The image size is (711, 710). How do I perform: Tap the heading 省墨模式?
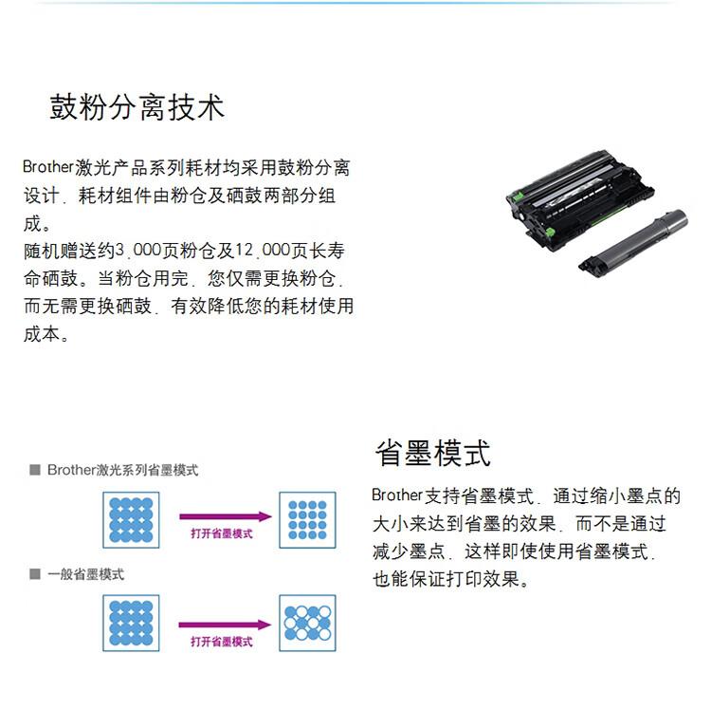[433, 453]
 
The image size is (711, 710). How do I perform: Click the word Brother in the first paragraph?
[48, 168]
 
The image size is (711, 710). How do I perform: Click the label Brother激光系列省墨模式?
[122, 470]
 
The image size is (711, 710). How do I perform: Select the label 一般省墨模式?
[85, 574]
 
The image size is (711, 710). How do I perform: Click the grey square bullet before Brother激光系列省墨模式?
[34, 470]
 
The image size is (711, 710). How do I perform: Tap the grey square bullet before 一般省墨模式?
[34, 574]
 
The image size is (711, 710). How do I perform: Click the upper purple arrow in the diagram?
[225, 518]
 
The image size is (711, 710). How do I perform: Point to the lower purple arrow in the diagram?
[225, 624]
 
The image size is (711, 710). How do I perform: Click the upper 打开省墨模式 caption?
[221, 534]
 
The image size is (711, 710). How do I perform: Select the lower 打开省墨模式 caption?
[221, 642]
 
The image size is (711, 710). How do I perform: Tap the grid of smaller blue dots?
[306, 520]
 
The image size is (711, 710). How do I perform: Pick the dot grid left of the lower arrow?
[131, 624]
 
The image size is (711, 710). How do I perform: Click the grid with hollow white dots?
[306, 625]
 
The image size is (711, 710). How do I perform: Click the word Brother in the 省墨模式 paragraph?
[396, 495]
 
